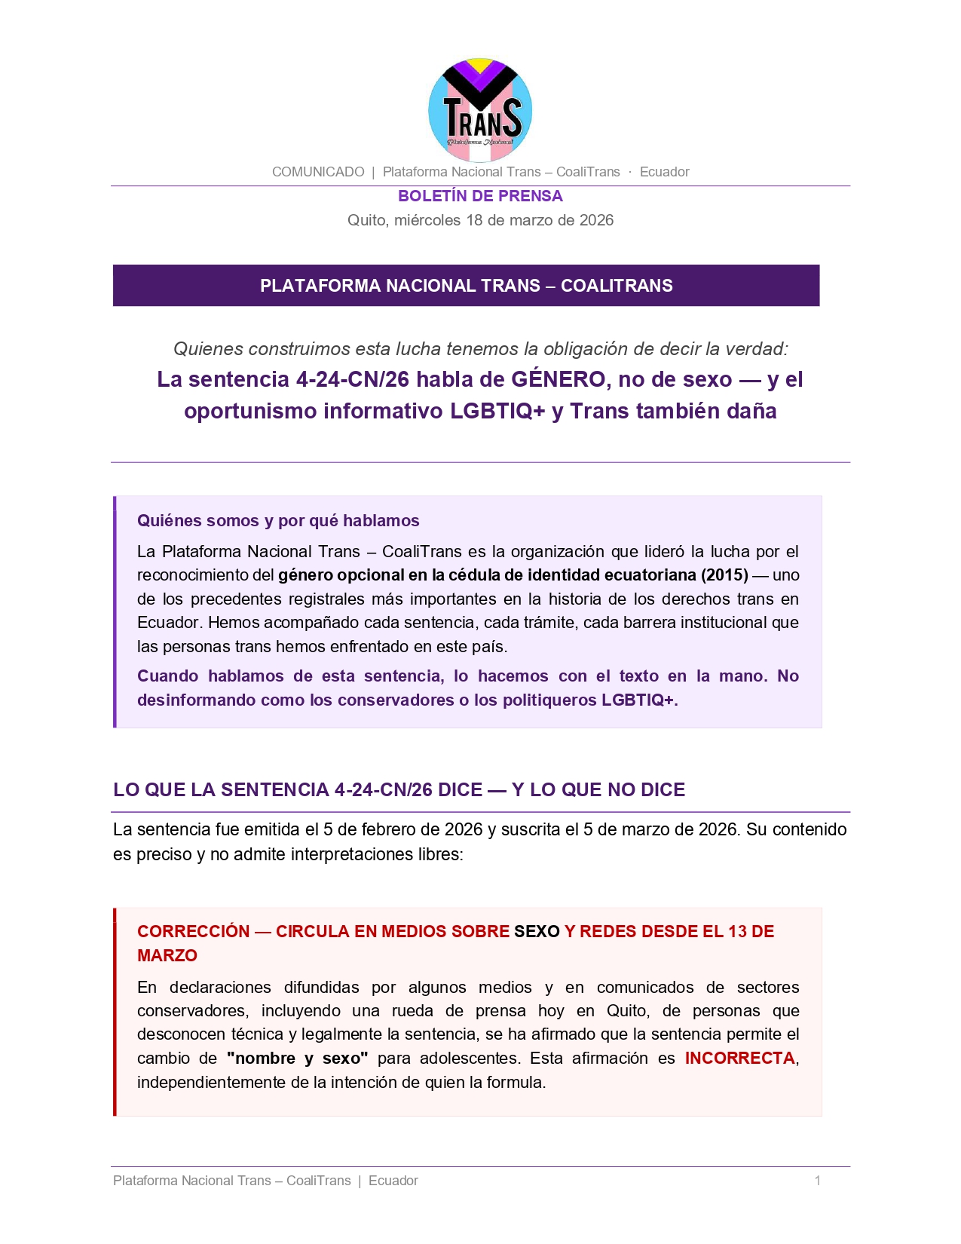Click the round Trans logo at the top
click(480, 110)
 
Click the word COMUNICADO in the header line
click(318, 172)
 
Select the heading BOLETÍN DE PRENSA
click(480, 196)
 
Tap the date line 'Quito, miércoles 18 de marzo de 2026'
click(480, 220)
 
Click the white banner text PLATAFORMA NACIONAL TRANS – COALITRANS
click(466, 286)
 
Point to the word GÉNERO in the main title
click(559, 379)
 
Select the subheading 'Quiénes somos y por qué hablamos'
click(278, 521)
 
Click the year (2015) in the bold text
click(724, 575)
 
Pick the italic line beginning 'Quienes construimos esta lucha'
click(480, 349)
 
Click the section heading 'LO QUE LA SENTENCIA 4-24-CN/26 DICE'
click(399, 790)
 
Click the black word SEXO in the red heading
click(537, 932)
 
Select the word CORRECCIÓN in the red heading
click(193, 932)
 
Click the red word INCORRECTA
click(739, 1059)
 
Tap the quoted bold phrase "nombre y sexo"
click(297, 1059)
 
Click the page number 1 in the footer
click(817, 1181)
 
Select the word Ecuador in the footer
click(393, 1181)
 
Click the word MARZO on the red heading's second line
click(167, 956)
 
